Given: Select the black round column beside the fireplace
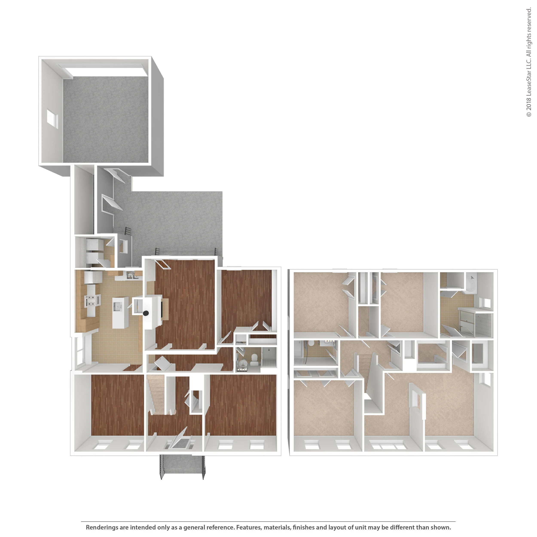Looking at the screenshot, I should [146, 313].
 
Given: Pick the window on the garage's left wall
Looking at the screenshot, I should [52, 119].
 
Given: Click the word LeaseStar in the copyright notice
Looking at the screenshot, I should [529, 81].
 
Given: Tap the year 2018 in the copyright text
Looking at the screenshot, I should [529, 103].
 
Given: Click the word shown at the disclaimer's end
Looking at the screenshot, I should [441, 527].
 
